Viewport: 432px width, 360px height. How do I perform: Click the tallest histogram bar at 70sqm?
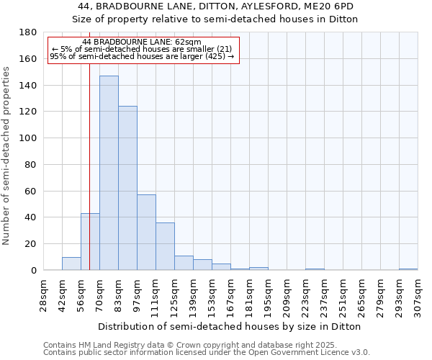tap(109, 173)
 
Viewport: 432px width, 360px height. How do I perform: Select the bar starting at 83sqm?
tap(127, 188)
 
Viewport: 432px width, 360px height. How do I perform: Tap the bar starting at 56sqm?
tap(90, 242)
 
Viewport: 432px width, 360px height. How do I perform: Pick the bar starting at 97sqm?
tap(146, 233)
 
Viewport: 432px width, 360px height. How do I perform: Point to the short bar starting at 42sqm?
tap(71, 264)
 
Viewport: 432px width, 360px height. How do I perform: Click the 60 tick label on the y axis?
tap(31, 191)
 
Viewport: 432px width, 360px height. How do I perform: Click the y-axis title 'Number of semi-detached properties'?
tap(7, 156)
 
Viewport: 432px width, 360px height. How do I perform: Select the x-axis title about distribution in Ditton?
tap(230, 326)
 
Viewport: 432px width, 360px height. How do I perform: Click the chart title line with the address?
tap(215, 6)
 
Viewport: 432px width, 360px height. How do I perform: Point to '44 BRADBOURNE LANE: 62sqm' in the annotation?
tap(142, 42)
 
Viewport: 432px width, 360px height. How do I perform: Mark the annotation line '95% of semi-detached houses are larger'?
tap(142, 56)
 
